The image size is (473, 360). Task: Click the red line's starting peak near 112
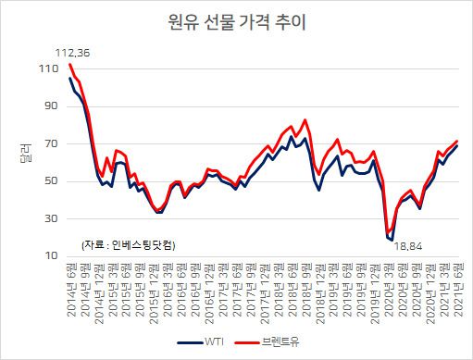[x=70, y=64]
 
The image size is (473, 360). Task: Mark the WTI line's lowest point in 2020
[x=392, y=240]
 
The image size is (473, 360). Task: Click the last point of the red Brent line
[x=457, y=141]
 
